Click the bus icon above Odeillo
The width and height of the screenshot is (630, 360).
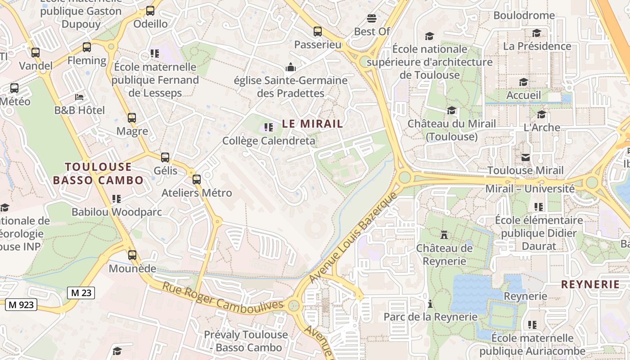point(150,11)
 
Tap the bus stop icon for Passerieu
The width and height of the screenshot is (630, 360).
point(318,31)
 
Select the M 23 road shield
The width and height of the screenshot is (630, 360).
point(81,293)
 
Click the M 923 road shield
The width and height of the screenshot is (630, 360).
point(21,305)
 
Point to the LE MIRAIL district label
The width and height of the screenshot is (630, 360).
point(312,124)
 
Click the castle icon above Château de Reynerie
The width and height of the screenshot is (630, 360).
point(444,234)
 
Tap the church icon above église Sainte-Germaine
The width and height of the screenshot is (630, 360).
point(291,67)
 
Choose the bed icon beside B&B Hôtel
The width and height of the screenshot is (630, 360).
point(79,97)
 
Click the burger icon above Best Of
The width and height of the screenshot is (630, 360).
point(372,18)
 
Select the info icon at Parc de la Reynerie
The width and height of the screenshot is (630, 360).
point(430,304)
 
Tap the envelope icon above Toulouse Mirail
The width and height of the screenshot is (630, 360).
point(526,157)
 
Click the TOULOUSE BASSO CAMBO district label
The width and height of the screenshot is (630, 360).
point(98,174)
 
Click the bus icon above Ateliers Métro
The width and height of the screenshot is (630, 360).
point(197,180)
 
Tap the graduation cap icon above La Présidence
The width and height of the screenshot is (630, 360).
point(536,33)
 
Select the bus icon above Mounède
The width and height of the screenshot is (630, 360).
point(132,255)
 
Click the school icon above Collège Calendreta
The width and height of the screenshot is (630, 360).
point(269,128)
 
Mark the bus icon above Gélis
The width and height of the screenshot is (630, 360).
point(165,157)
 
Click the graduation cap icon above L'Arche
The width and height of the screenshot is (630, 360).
point(541,114)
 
